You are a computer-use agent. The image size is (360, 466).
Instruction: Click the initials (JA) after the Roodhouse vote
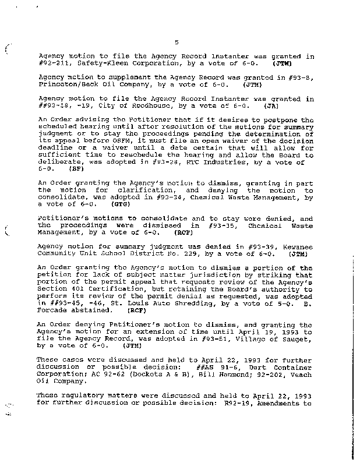tap(271, 107)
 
